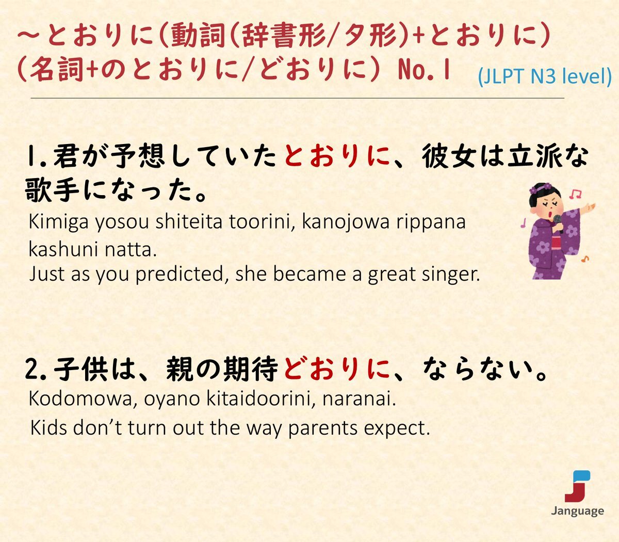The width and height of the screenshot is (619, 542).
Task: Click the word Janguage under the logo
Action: pyautogui.click(x=578, y=511)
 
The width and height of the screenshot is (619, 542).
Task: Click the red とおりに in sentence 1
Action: pyautogui.click(x=337, y=156)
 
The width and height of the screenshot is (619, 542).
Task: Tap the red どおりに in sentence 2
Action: pyautogui.click(x=337, y=369)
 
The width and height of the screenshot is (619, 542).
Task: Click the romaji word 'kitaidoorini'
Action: pyautogui.click(x=261, y=400)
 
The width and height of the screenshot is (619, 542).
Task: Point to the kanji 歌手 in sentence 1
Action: pyautogui.click(x=52, y=190)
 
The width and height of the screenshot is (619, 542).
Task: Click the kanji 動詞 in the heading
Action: pyautogui.click(x=198, y=36)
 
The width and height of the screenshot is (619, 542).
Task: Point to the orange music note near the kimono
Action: pyautogui.click(x=585, y=259)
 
